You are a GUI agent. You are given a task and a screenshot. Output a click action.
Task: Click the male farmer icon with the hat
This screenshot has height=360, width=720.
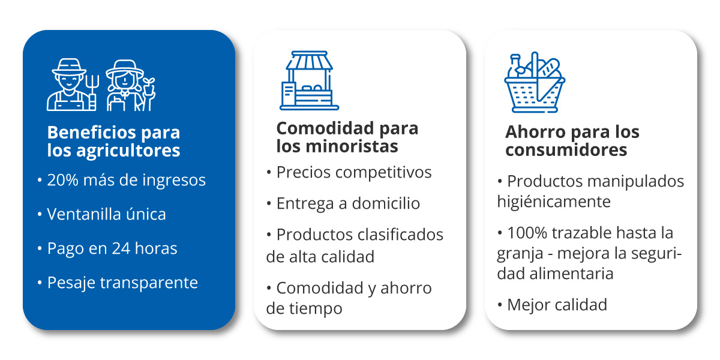[69, 85]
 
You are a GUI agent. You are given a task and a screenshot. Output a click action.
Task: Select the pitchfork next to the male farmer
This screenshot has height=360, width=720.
[92, 92]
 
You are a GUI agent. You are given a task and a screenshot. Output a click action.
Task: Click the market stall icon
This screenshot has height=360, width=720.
[309, 80]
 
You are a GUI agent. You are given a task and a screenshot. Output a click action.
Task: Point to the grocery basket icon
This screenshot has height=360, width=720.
[535, 82]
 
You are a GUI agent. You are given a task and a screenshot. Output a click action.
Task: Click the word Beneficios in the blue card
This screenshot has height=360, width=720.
[91, 132]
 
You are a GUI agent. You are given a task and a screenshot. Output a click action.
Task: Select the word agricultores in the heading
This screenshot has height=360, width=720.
[128, 151]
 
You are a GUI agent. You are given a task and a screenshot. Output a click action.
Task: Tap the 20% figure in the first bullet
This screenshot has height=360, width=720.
[62, 179]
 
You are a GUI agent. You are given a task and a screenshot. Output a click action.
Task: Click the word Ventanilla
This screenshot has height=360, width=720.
[83, 214]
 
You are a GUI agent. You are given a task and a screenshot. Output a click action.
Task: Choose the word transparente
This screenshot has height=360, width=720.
[149, 283]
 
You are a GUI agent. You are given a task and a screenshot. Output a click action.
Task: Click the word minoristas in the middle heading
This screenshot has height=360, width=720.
[352, 146]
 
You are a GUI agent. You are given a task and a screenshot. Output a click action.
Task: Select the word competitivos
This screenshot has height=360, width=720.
[383, 173]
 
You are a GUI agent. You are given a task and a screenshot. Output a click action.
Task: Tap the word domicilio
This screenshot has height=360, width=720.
[386, 203]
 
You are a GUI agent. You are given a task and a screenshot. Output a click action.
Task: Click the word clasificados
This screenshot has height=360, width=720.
[401, 235]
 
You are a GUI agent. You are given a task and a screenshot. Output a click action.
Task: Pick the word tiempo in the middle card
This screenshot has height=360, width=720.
[316, 308]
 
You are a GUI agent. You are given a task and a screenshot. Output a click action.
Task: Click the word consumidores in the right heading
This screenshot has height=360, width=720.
[566, 150]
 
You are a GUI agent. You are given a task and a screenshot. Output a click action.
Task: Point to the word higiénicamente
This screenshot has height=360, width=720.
[554, 202]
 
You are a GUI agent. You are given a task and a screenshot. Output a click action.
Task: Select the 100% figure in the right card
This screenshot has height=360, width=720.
[527, 233]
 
